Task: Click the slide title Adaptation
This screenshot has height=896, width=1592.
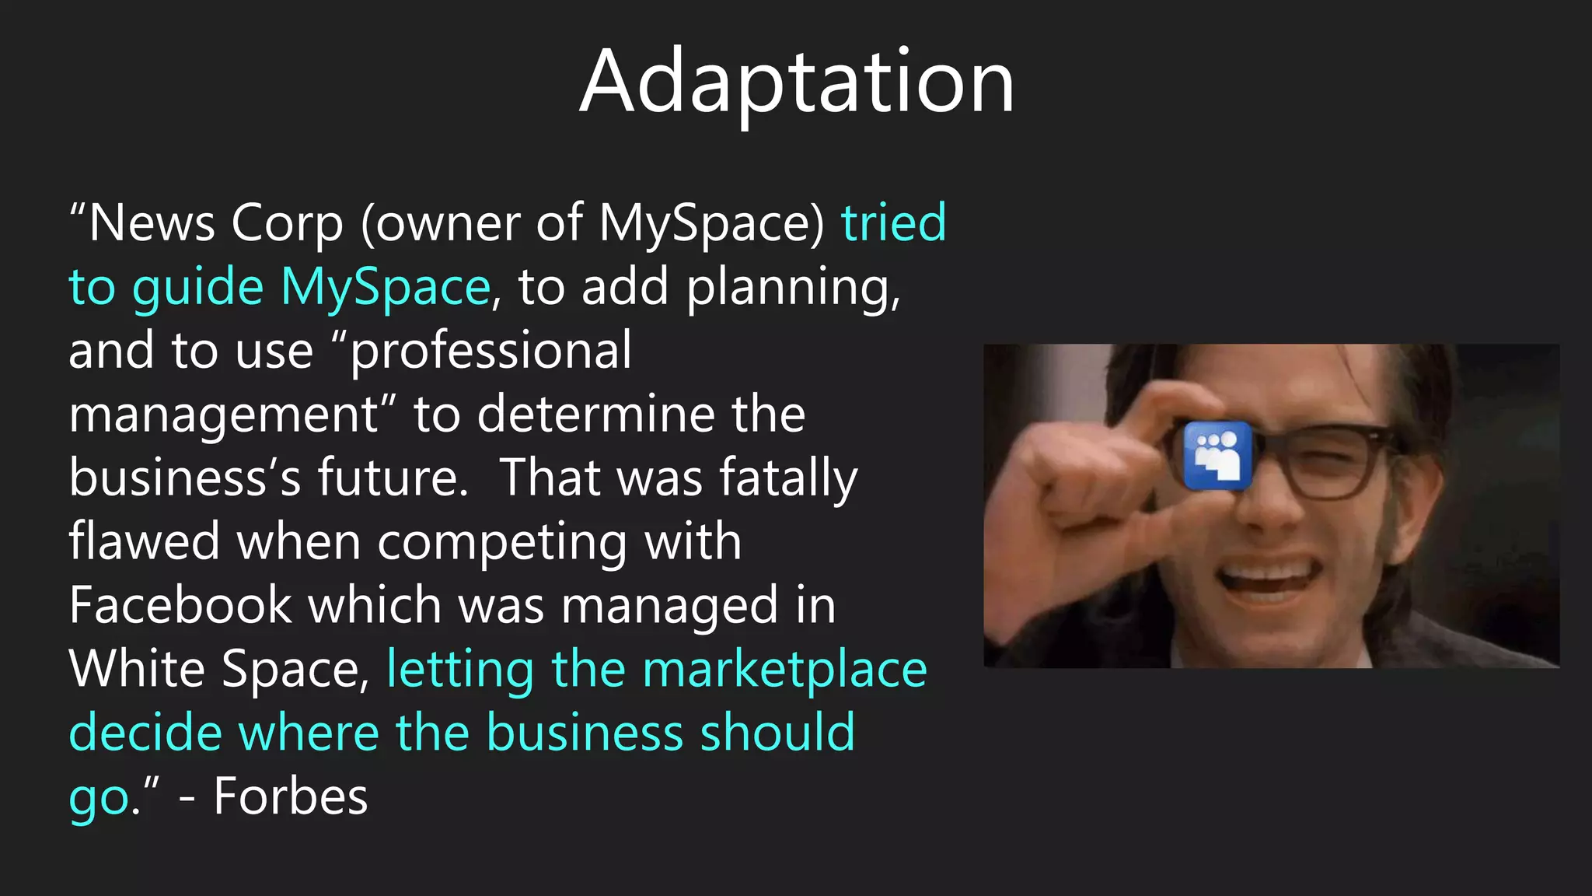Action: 796,82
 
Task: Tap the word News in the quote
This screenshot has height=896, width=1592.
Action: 152,223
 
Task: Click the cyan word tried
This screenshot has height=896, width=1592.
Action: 894,223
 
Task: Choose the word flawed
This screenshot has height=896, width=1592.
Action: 145,542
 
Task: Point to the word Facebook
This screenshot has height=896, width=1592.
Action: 180,606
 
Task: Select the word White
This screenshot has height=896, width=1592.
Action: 137,670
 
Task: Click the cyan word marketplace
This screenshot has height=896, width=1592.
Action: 785,671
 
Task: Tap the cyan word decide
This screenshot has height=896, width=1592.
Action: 145,733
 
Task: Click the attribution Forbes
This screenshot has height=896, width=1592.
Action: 290,797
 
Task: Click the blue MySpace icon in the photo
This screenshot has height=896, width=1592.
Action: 1217,456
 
